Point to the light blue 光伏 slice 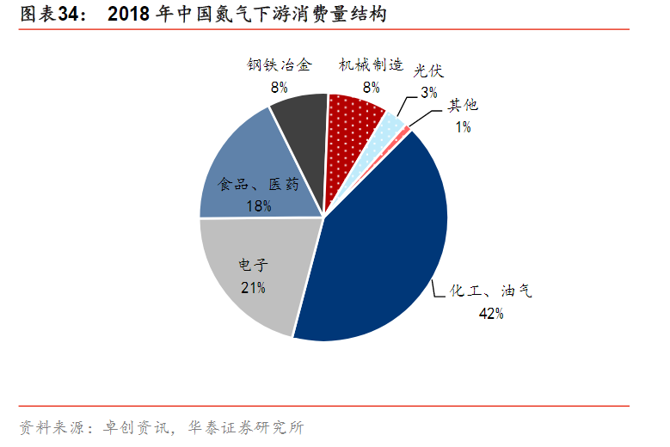click(x=392, y=126)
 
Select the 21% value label click(x=252, y=287)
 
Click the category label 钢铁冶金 click(x=279, y=65)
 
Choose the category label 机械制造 click(x=371, y=65)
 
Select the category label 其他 click(x=463, y=106)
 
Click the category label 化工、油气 click(x=491, y=291)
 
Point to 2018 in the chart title click(x=130, y=15)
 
